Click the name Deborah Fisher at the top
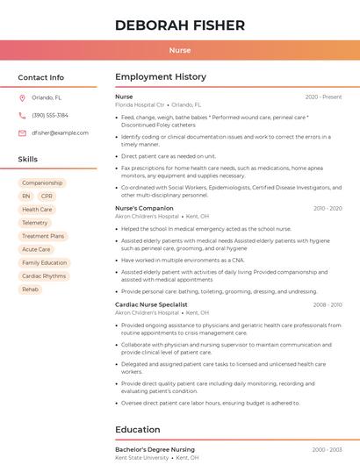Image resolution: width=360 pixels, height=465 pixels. click(180, 25)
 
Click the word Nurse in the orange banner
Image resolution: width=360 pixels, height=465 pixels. click(180, 50)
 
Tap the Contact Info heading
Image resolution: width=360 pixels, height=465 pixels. click(40, 77)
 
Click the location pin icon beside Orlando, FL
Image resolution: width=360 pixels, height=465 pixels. click(22, 98)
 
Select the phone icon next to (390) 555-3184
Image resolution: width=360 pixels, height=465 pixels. click(22, 116)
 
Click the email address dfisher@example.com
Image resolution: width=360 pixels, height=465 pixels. click(60, 133)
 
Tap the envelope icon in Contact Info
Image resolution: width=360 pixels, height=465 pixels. click(22, 133)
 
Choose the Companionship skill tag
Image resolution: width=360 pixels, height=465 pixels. click(42, 182)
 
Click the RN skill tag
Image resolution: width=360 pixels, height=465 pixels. click(26, 197)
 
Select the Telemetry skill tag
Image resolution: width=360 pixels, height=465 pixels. click(34, 223)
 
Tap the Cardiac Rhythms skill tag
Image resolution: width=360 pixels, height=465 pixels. click(44, 275)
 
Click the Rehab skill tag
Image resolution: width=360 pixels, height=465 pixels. click(30, 289)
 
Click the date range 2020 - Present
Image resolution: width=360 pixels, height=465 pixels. click(323, 97)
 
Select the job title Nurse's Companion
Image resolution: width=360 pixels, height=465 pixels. click(144, 208)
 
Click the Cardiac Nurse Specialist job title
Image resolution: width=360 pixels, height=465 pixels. click(153, 304)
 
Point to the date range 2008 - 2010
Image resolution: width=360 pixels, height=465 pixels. click(327, 304)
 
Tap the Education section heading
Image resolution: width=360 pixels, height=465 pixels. click(139, 430)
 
